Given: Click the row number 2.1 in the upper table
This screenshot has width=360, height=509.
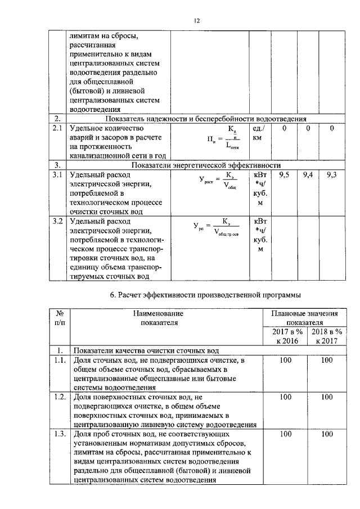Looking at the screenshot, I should click(56, 129).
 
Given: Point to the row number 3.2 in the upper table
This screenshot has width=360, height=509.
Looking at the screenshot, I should click(56, 221).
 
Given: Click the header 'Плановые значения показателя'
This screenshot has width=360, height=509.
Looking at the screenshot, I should click(307, 318).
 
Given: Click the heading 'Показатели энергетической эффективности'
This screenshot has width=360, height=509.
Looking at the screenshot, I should click(206, 165).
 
